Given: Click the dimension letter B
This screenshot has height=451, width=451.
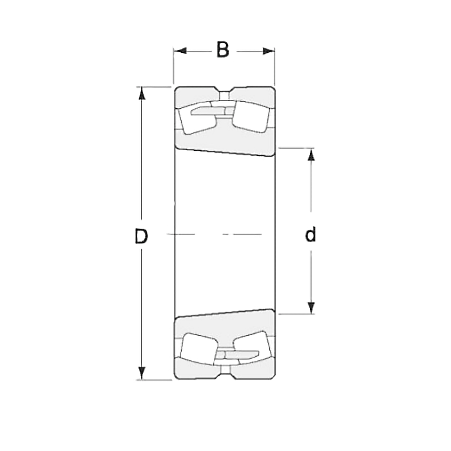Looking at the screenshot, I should (x=223, y=50).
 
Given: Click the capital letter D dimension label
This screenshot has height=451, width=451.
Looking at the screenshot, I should (x=141, y=236).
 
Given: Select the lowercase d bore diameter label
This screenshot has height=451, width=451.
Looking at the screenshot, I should (x=311, y=235).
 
